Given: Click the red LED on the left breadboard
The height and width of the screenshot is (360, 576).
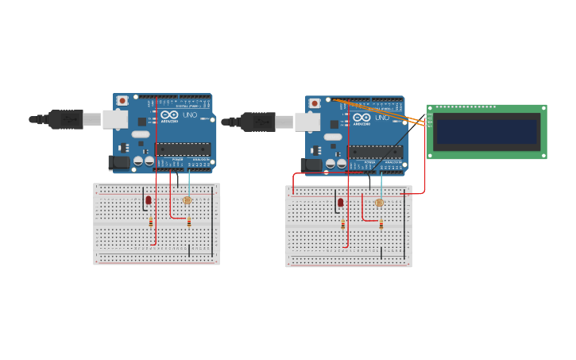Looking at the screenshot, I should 148,200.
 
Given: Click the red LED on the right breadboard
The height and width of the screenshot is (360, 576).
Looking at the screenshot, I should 340,203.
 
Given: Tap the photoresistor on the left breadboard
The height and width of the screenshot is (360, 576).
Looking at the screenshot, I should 187,201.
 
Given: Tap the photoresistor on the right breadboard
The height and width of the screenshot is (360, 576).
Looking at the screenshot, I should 380,203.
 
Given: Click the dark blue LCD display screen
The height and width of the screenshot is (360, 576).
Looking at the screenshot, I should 486,132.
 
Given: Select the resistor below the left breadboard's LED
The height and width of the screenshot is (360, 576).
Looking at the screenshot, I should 151,223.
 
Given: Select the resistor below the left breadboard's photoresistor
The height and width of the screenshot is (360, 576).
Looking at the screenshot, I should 189,223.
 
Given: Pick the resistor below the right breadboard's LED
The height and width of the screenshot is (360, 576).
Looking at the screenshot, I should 343,225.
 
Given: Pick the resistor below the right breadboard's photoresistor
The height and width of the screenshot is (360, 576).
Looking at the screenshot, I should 381,225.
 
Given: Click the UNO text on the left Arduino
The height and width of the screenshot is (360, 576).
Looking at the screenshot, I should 190,115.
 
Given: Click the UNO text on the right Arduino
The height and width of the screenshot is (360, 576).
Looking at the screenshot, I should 382,118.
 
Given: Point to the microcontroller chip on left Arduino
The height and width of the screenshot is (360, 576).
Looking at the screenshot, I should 183,149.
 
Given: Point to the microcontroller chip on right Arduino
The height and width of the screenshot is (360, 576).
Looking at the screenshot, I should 375,151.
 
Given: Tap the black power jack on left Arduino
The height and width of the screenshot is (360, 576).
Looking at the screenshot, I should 118,162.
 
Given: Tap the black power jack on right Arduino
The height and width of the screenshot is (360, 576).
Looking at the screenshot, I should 311,165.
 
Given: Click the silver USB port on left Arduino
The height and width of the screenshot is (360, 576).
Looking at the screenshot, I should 115,119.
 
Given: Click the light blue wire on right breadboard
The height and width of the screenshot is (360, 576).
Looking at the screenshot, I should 381,186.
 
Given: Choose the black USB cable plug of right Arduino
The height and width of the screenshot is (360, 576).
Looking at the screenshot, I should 258,122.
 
